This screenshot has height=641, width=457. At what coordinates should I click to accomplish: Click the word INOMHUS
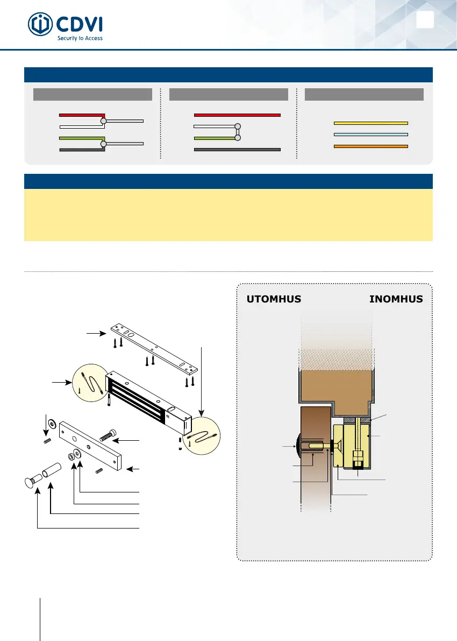click(396, 299)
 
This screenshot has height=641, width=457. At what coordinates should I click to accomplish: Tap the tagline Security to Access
click(80, 38)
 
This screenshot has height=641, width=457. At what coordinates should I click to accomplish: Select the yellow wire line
click(371, 123)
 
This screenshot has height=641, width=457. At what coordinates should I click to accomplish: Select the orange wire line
click(371, 146)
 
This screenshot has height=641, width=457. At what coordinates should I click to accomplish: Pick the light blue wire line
click(371, 134)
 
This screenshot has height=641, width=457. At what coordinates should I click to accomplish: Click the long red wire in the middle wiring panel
click(237, 115)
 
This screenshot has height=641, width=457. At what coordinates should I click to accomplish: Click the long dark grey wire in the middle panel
click(237, 149)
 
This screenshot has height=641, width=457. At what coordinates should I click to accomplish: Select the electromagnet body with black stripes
click(145, 401)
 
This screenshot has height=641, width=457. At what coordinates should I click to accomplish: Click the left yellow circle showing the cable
click(88, 382)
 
